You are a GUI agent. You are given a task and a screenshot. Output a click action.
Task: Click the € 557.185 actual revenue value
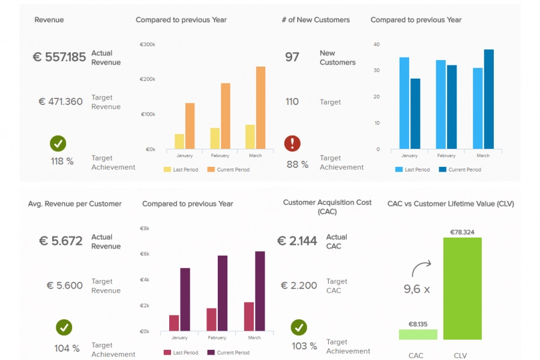click(x=59, y=58)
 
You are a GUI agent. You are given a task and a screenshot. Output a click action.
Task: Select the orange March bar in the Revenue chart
click(x=260, y=108)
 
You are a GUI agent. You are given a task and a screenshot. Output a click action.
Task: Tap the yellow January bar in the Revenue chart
click(x=179, y=142)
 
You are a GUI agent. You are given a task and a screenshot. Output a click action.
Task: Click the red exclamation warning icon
click(x=292, y=143)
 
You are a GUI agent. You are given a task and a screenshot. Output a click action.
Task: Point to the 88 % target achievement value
click(x=297, y=164)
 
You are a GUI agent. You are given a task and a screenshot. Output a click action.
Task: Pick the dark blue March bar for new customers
click(x=489, y=99)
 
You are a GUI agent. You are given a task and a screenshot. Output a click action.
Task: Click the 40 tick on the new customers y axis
click(x=376, y=44)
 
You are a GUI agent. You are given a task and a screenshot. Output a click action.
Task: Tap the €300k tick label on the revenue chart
click(x=148, y=44)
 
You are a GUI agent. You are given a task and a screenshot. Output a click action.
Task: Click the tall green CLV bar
click(x=462, y=289)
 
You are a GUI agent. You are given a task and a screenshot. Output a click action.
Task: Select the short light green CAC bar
click(x=418, y=334)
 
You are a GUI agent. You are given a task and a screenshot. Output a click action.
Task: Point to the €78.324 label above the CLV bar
click(x=462, y=232)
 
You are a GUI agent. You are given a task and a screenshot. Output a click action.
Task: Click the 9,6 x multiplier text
click(x=416, y=289)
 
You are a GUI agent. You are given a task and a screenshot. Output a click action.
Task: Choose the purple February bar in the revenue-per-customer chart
click(x=223, y=293)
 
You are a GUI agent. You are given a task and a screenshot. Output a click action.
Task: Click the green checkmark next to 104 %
click(x=64, y=328)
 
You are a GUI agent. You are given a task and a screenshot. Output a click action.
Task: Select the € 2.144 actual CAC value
click(x=297, y=241)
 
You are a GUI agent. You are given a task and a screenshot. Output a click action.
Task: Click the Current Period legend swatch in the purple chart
click(x=211, y=353)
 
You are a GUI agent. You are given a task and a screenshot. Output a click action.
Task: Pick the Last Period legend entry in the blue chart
click(x=412, y=170)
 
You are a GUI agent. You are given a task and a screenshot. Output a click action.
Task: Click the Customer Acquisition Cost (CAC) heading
click(x=327, y=207)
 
